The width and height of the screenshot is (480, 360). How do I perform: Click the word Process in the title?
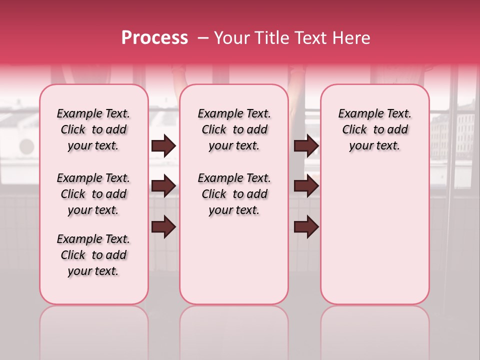154,38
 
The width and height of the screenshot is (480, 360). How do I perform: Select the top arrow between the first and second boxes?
163,146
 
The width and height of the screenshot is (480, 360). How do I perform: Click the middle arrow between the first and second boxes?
163,186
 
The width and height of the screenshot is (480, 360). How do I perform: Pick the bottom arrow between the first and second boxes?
163,226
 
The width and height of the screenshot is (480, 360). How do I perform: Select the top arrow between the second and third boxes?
306,146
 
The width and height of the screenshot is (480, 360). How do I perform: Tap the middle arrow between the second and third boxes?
306,186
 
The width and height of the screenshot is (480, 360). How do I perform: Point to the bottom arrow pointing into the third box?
306,226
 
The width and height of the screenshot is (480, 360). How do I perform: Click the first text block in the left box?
93,129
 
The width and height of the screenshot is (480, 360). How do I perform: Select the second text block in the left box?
93,194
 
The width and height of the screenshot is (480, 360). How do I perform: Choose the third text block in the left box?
93,255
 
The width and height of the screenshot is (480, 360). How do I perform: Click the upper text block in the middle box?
234,129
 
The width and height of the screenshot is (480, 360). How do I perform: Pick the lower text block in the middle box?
234,194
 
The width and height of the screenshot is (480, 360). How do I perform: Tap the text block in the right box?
375,129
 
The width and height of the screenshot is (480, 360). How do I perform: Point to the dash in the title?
203,38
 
